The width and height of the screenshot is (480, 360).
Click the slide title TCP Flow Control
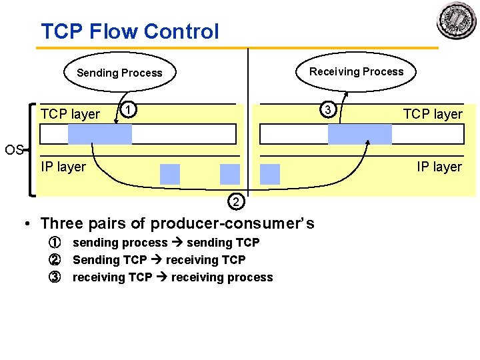(x=129, y=31)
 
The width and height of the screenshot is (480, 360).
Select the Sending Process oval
(x=119, y=73)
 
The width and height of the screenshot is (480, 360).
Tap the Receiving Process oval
(x=356, y=71)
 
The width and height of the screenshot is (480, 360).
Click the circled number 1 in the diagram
(x=131, y=109)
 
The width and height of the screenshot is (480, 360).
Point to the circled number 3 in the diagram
(x=327, y=109)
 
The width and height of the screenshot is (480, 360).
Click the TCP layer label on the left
(x=70, y=114)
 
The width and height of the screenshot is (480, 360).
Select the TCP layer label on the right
(x=432, y=114)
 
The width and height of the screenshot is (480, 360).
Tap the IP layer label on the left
(x=63, y=167)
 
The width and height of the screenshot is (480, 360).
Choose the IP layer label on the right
(x=439, y=167)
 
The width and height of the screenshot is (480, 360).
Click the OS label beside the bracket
(x=14, y=149)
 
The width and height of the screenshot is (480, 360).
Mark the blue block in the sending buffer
(x=100, y=135)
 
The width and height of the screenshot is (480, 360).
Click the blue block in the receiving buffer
(x=360, y=135)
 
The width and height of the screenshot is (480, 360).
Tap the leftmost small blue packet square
(x=170, y=174)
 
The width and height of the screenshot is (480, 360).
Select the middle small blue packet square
(x=229, y=174)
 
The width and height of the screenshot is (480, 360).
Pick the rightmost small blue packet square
(x=270, y=174)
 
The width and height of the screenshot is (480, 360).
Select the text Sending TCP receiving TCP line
(x=159, y=260)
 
